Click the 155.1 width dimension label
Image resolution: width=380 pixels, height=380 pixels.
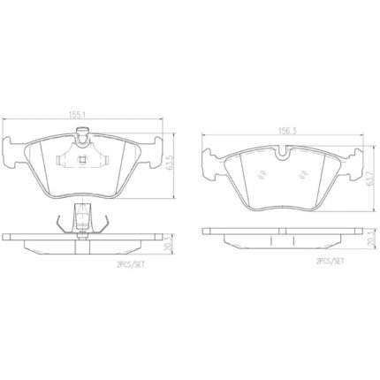pos(78,115)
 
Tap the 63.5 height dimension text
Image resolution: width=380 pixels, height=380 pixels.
pos(168,165)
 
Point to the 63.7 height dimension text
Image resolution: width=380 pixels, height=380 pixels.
pos(368,179)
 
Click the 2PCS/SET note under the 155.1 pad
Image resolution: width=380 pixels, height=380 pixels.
pos(131,265)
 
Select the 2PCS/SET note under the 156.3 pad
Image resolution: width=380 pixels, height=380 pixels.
pos(330,262)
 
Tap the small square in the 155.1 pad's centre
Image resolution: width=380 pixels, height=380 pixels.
pos(82,160)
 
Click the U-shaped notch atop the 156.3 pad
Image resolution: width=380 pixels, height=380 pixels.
pos(284,153)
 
